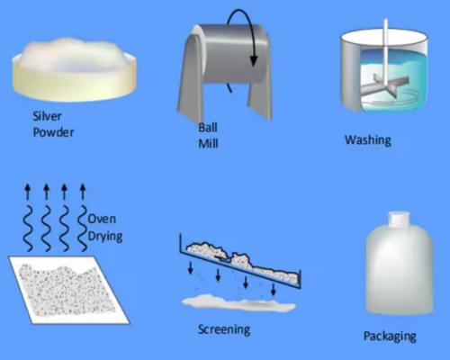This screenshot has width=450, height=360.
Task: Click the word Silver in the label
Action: coord(47,116)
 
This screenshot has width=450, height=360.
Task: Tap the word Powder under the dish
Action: coord(53,132)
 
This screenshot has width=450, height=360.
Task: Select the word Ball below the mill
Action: coord(208,128)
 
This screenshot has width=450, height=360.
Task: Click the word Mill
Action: coord(208,144)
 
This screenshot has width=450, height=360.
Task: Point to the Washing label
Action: coord(368,140)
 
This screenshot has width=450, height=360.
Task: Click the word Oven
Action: coord(102,219)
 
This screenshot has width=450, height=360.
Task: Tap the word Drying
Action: coord(105,237)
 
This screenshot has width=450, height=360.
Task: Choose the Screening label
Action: coord(224,329)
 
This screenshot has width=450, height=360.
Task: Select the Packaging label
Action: coord(390,337)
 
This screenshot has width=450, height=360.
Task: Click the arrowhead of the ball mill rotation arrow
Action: coord(254,60)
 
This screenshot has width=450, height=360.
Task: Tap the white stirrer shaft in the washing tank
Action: coord(385,51)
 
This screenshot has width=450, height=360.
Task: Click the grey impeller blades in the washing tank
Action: coord(385,86)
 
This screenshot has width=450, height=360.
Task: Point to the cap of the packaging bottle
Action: coord(399,218)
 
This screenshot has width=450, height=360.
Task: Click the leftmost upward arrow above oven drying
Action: coord(28,192)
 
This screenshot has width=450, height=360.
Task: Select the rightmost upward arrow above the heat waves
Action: coord(83,192)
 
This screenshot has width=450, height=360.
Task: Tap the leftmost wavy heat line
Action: coord(29,229)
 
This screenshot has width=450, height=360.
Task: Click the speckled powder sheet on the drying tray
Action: coord(67,290)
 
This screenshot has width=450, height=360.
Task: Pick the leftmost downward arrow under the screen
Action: coord(191,267)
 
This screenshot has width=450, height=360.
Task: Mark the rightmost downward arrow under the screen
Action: coord(273,289)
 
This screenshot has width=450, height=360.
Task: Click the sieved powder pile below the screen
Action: coord(238,303)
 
